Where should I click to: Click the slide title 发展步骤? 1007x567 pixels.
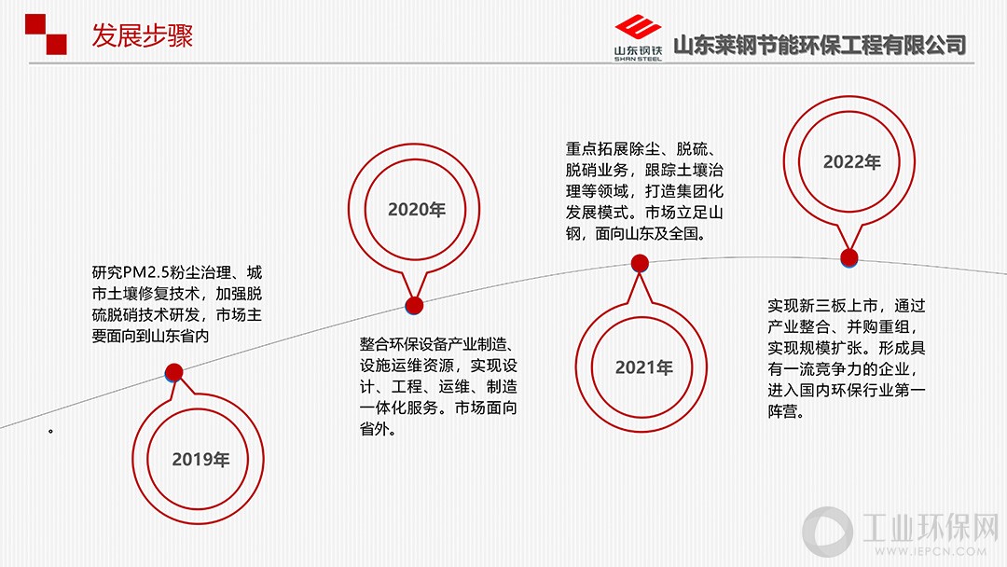pos(142,35)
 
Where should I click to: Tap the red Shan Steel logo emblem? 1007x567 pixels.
pos(637,28)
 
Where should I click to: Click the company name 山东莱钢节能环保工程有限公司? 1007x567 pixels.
pos(820,45)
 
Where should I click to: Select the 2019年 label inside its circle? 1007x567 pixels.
pos(201,459)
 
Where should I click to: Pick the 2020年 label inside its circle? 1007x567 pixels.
pos(417,210)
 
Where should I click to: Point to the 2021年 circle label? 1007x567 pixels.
pos(644,367)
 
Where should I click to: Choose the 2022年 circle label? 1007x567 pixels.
pos(852,162)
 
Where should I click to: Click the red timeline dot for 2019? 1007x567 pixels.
pos(174,372)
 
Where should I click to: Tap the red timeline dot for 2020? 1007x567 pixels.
pos(414,306)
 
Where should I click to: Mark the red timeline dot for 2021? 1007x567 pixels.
pos(640,263)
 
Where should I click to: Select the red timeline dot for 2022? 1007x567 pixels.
pos(849,258)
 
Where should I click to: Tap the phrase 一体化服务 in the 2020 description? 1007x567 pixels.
pos(398,408)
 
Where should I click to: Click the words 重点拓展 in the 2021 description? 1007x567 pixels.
pos(597,149)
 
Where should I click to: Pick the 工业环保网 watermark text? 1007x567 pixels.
pos(931,527)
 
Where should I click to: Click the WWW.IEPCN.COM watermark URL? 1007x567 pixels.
pos(931,551)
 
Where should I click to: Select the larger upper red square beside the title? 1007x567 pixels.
pos(35,24)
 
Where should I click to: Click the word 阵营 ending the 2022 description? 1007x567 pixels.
pos(783,411)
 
